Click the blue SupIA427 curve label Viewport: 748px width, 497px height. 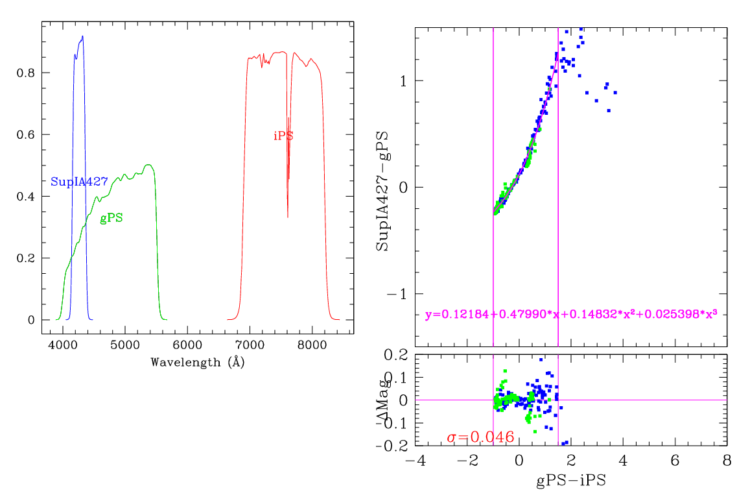[x=79, y=182]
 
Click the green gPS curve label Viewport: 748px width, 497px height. [x=111, y=219]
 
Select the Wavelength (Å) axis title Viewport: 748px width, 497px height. [x=197, y=362]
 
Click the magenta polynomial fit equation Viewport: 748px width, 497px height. [x=571, y=315]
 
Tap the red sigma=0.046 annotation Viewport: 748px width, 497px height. [x=480, y=437]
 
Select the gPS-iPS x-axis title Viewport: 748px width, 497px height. [x=570, y=481]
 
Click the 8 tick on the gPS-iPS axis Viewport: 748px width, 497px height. [x=727, y=461]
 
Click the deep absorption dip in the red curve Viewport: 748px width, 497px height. [x=287, y=217]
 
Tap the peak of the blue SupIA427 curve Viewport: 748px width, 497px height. [x=82, y=36]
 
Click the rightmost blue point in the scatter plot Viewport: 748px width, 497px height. [x=614, y=93]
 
